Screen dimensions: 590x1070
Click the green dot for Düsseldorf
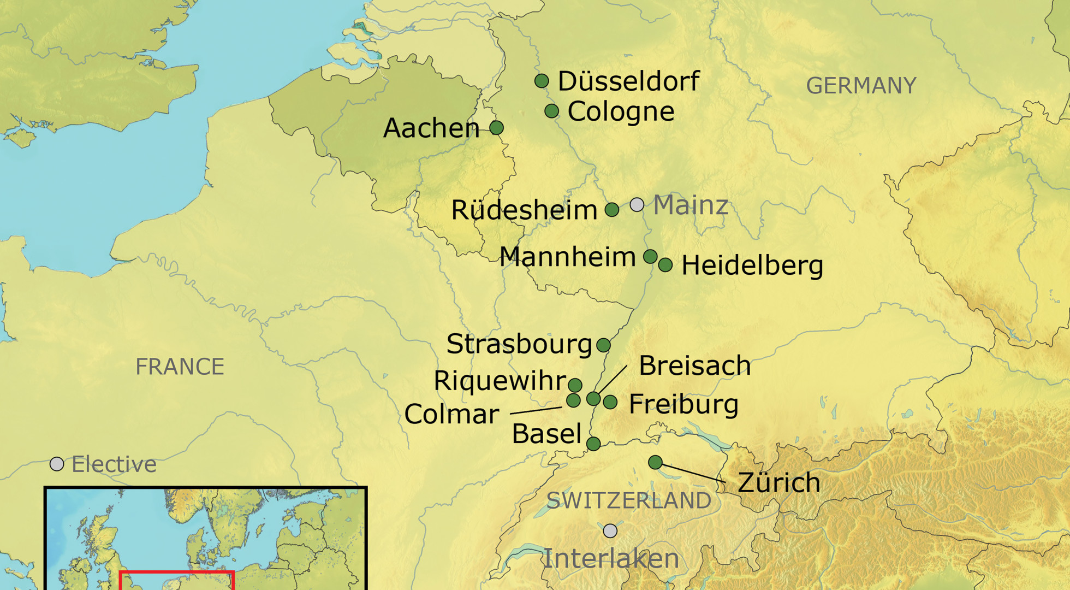(541, 81)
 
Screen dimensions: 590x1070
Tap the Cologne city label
(621, 111)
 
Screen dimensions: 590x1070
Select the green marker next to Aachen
(496, 127)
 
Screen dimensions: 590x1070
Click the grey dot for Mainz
(637, 205)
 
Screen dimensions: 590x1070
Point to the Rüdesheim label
(524, 210)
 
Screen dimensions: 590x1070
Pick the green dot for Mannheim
(650, 256)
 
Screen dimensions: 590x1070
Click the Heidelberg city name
(752, 265)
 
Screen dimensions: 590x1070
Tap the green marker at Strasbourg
(603, 345)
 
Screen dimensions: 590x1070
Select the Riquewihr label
(500, 380)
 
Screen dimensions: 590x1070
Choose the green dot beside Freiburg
(610, 403)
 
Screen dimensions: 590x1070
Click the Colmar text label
(451, 414)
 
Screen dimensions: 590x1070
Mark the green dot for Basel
(593, 444)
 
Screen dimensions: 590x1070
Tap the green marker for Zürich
(655, 462)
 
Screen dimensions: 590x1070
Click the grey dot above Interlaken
(610, 530)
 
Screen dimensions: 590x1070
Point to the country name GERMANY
(861, 86)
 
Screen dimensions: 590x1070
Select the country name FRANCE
(180, 367)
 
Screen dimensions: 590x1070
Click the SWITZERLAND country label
(628, 500)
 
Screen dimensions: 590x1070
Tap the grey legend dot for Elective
(57, 464)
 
